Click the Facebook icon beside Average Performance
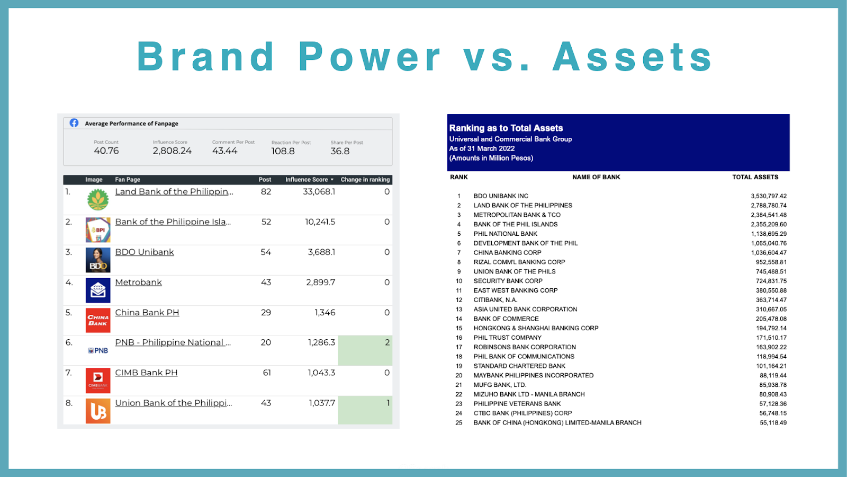(74, 123)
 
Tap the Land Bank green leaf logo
(98, 199)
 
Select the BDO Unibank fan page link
(145, 252)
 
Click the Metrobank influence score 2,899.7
(321, 282)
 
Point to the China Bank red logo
(98, 320)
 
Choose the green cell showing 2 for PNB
(365, 350)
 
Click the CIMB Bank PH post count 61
(267, 373)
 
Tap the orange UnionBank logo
(98, 411)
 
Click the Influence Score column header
(307, 180)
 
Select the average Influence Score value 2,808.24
(172, 151)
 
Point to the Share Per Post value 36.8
(340, 151)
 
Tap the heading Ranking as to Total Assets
(506, 128)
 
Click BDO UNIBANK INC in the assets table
(501, 196)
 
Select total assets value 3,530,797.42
(769, 196)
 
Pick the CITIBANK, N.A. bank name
(495, 300)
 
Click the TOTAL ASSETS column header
(755, 177)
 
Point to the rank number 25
(458, 423)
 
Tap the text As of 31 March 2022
(482, 148)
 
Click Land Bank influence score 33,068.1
(319, 192)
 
